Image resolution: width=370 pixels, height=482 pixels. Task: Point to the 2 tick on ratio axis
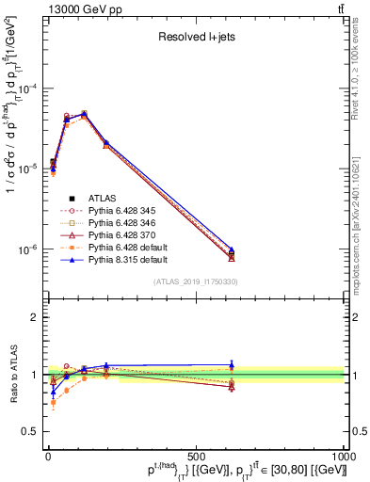coord(35,317)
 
